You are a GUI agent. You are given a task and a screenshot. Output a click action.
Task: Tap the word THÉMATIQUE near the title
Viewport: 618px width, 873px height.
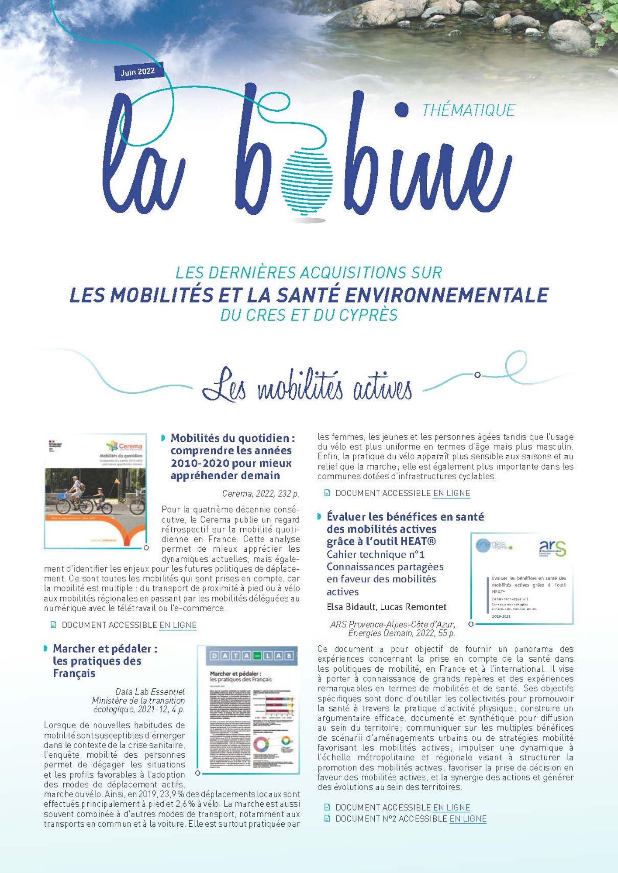pyautogui.click(x=468, y=110)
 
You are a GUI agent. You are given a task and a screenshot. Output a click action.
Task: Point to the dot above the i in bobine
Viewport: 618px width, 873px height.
pyautogui.click(x=400, y=109)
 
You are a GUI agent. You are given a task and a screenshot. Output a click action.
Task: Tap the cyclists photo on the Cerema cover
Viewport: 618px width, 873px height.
pyautogui.click(x=95, y=491)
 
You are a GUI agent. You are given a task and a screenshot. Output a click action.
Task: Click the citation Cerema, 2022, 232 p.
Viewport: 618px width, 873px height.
pyautogui.click(x=260, y=494)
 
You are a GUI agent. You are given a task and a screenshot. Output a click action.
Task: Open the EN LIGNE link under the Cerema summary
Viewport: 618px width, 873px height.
pyautogui.click(x=178, y=625)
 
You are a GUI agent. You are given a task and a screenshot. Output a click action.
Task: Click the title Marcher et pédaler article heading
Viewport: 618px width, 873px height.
pyautogui.click(x=105, y=661)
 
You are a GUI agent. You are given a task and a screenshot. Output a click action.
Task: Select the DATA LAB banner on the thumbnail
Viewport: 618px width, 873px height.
pyautogui.click(x=248, y=656)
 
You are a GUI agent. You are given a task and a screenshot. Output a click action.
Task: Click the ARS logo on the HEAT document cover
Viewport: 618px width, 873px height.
pyautogui.click(x=552, y=548)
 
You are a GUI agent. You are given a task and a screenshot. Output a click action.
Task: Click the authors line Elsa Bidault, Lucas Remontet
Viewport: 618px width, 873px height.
pyautogui.click(x=387, y=607)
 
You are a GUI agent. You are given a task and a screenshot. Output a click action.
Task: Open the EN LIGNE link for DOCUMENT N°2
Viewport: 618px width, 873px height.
pyautogui.click(x=468, y=819)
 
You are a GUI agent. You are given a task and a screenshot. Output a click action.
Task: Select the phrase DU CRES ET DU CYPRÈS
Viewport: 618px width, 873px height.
pyautogui.click(x=309, y=315)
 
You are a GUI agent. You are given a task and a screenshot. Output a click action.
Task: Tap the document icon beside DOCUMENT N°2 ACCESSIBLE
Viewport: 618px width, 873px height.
pyautogui.click(x=327, y=819)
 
